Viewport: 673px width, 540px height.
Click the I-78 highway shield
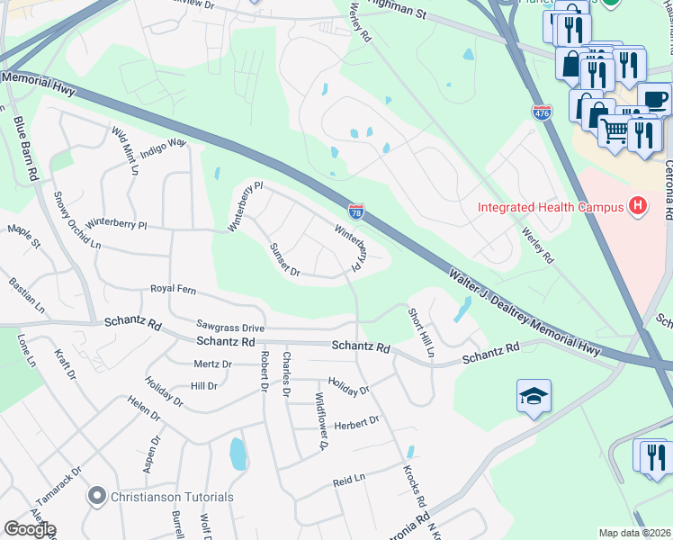click(x=356, y=211)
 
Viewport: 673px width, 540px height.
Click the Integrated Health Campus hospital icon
click(x=638, y=207)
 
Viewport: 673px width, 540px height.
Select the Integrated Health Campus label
click(x=551, y=208)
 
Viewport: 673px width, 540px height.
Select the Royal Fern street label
click(x=173, y=289)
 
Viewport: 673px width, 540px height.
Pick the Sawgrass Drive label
click(x=230, y=327)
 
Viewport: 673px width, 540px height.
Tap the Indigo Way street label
click(x=163, y=142)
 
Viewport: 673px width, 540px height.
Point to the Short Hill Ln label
click(x=421, y=332)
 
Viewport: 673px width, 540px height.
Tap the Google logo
click(x=30, y=529)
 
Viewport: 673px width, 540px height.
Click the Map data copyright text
click(x=635, y=533)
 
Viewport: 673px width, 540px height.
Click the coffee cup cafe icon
click(x=655, y=98)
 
